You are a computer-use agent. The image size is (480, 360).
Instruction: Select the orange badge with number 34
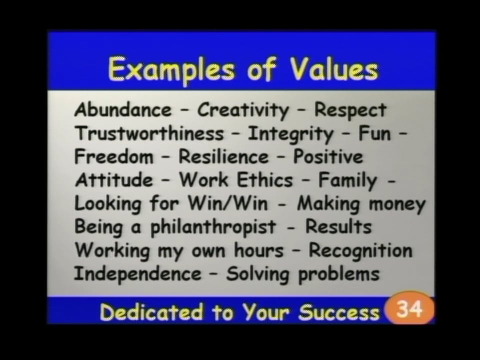(410, 310)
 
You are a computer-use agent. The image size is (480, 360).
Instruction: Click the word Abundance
(123, 110)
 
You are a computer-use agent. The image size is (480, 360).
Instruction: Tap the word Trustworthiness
(149, 133)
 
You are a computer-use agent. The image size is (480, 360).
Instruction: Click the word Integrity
(290, 134)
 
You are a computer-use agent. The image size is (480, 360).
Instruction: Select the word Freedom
(114, 157)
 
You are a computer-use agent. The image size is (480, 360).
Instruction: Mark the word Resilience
(224, 157)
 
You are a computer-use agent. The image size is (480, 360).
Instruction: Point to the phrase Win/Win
(227, 203)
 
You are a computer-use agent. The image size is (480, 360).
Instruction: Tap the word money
(397, 204)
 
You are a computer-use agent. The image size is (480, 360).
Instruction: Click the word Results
(339, 227)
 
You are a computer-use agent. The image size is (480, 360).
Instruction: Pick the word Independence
(138, 274)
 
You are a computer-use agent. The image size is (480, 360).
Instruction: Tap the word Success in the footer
(339, 313)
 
